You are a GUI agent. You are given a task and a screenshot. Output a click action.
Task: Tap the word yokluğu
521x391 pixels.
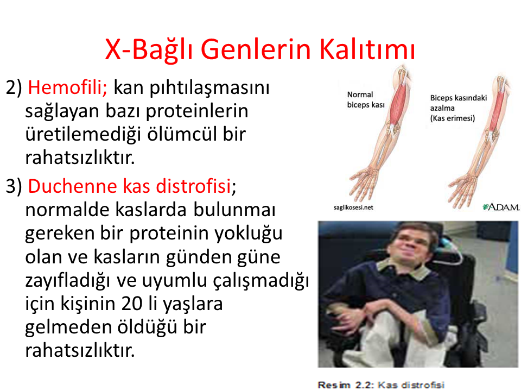[x=248, y=234]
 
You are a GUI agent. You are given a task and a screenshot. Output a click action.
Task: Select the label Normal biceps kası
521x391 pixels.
[x=365, y=100]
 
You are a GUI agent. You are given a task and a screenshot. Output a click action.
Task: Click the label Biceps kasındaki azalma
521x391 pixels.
[x=458, y=103]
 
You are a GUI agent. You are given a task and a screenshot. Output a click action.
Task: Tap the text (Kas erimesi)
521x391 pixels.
[x=452, y=118]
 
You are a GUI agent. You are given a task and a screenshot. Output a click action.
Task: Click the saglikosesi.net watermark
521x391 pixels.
[x=353, y=207]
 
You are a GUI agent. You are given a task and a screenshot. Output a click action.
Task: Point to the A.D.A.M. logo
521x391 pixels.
[x=501, y=207]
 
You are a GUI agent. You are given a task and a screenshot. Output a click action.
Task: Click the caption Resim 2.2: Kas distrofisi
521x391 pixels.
[x=381, y=384]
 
